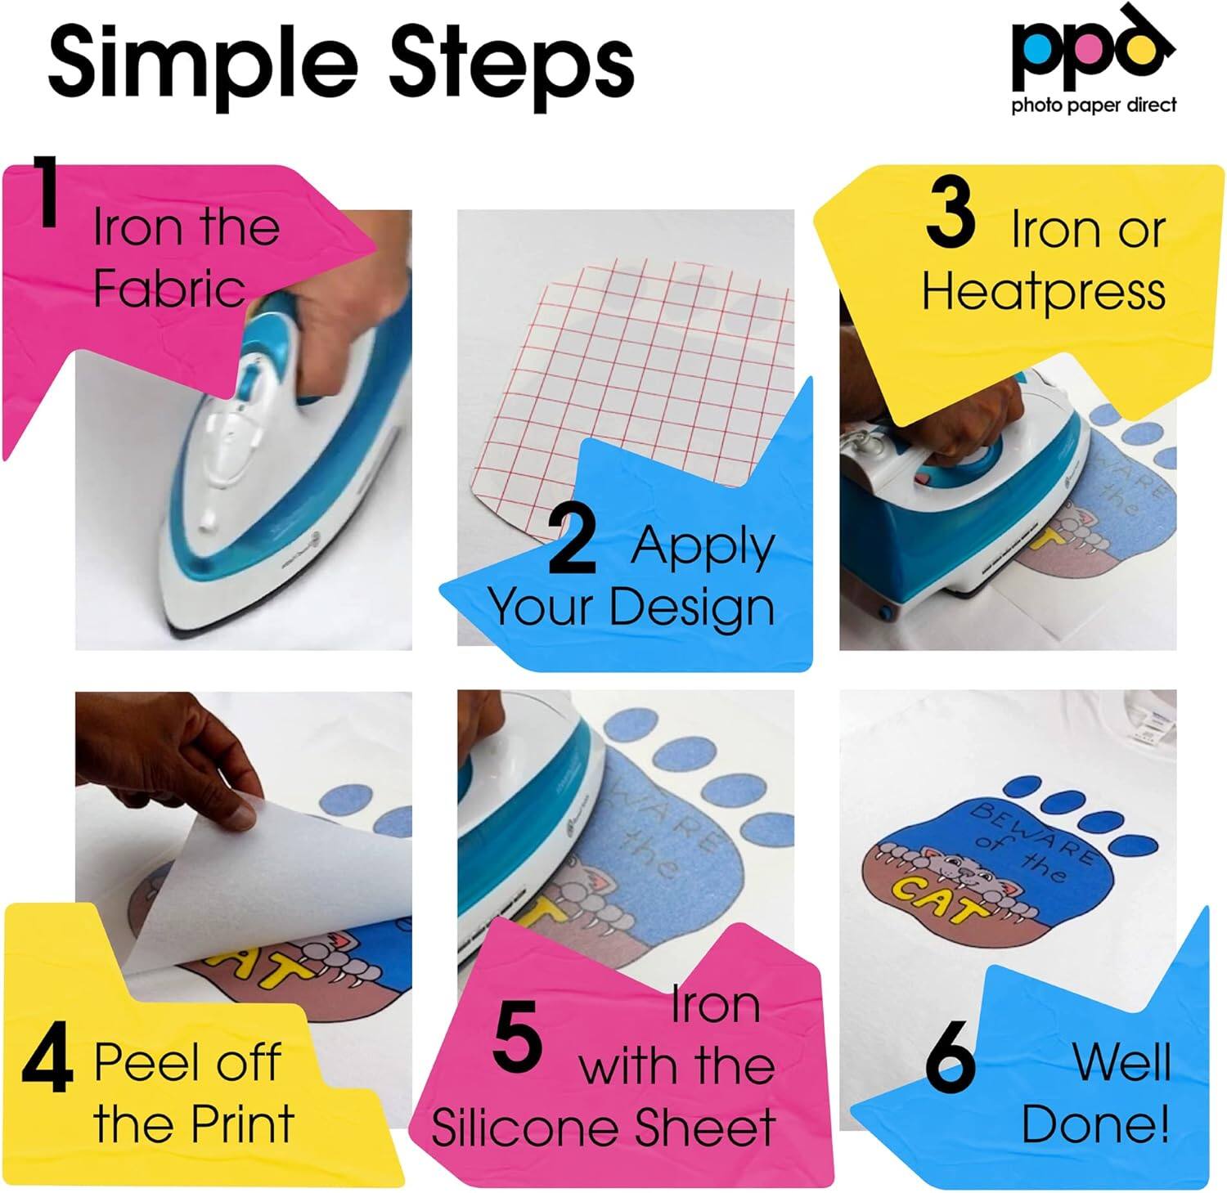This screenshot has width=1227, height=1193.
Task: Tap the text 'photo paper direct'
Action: pyautogui.click(x=1094, y=105)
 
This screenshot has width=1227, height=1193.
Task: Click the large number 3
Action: pyautogui.click(x=950, y=215)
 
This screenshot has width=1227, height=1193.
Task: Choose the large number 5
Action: pyautogui.click(x=518, y=1040)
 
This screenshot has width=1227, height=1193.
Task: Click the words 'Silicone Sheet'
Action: pyautogui.click(x=603, y=1128)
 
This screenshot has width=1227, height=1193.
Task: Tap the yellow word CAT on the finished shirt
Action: pyautogui.click(x=941, y=897)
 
